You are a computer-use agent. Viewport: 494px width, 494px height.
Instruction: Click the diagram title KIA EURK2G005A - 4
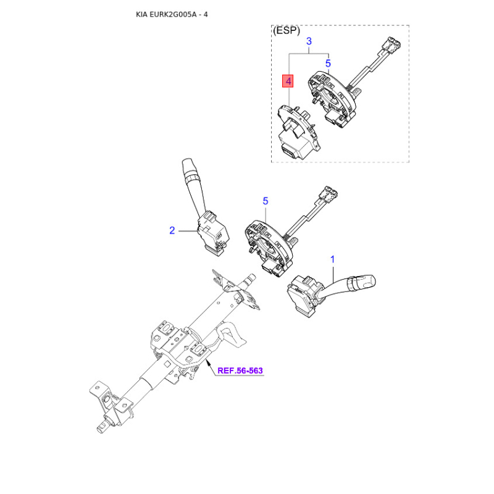(x=172, y=14)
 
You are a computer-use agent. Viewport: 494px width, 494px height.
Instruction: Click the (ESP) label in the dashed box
(x=287, y=30)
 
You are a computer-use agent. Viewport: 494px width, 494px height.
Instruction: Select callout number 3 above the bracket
(x=309, y=41)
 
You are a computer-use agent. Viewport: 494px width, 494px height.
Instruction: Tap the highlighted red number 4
(x=288, y=82)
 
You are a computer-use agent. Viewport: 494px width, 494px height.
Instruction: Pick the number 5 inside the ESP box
(x=328, y=64)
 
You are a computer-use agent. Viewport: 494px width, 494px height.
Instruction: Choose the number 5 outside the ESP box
(x=266, y=201)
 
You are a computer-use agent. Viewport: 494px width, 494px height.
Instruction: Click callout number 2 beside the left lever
(x=172, y=230)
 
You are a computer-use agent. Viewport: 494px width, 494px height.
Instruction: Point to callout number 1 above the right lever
(x=332, y=259)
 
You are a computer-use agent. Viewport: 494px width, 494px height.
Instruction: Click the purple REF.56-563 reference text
(x=240, y=371)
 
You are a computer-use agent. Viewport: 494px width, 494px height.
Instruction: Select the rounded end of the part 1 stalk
(x=373, y=280)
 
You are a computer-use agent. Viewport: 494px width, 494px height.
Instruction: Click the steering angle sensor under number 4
(x=297, y=132)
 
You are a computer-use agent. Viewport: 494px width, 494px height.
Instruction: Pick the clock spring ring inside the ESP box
(x=332, y=94)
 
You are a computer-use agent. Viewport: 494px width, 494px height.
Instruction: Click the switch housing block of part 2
(x=213, y=233)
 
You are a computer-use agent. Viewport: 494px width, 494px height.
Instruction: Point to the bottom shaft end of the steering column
(x=102, y=429)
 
